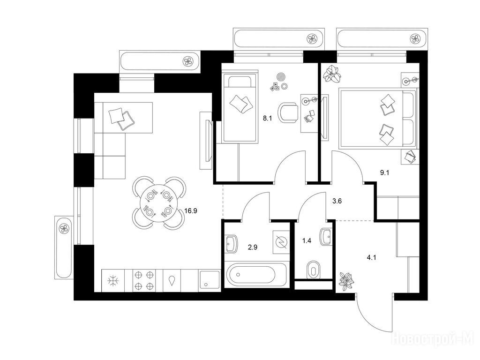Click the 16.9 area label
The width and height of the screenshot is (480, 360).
pyautogui.click(x=191, y=211)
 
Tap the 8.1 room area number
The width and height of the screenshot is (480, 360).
pyautogui.click(x=268, y=119)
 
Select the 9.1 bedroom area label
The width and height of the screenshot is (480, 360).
pyautogui.click(x=384, y=172)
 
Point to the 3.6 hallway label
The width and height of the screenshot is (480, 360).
pyautogui.click(x=337, y=201)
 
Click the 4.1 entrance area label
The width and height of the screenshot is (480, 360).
pyautogui.click(x=371, y=258)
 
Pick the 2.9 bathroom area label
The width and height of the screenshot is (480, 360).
pyautogui.click(x=253, y=247)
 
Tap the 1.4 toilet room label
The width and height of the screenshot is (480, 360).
pyautogui.click(x=307, y=241)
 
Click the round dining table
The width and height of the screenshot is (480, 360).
pyautogui.click(x=158, y=203)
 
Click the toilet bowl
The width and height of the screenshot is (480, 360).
pyautogui.click(x=313, y=270)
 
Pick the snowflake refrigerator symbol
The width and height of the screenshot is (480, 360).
pyautogui.click(x=113, y=280)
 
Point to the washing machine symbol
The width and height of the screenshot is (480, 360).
pyautogui.click(x=281, y=242)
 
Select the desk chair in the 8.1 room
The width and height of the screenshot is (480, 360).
pyautogui.click(x=288, y=112)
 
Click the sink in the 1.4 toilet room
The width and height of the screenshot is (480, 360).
pyautogui.click(x=326, y=237)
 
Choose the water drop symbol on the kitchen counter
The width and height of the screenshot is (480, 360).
pyautogui.click(x=172, y=280)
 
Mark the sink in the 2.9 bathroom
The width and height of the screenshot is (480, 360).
pyautogui.click(x=232, y=244)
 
